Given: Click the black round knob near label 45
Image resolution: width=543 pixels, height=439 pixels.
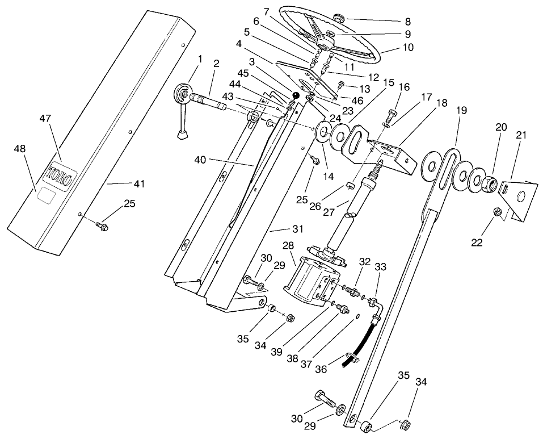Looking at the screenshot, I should (x=296, y=95).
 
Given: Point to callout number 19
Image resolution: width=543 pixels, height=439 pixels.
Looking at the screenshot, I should (x=461, y=110).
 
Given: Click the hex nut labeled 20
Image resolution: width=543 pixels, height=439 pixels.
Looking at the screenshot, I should (x=490, y=182).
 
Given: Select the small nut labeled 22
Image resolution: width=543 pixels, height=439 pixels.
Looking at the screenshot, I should (x=496, y=212).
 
